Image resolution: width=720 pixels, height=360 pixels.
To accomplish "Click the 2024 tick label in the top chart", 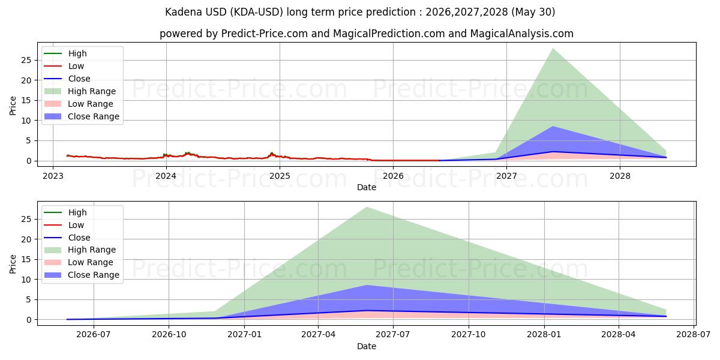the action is pyautogui.click(x=166, y=176).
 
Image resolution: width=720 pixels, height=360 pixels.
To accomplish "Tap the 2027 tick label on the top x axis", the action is pyautogui.click(x=506, y=176).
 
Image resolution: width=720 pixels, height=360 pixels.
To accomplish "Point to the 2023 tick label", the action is pyautogui.click(x=53, y=176).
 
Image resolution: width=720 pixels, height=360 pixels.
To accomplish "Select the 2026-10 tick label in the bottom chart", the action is pyautogui.click(x=169, y=335).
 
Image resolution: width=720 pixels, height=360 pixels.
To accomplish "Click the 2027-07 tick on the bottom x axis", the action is pyautogui.click(x=393, y=335).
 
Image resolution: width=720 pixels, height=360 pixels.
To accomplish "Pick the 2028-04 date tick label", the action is pyautogui.click(x=619, y=335).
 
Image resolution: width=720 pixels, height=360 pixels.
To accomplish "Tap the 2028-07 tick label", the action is pyautogui.click(x=694, y=335).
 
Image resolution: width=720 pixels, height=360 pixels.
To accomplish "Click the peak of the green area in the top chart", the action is pyautogui.click(x=553, y=49).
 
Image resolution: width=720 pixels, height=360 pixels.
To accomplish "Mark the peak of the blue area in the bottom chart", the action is pyautogui.click(x=367, y=285).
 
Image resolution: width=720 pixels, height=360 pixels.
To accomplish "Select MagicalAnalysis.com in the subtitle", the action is pyautogui.click(x=521, y=34).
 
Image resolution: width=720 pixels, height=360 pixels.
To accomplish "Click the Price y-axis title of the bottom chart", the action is pyautogui.click(x=13, y=264).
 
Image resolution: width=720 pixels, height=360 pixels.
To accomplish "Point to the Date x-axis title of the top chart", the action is pyautogui.click(x=367, y=187).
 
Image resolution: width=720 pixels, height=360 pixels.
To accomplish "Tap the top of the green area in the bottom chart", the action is pyautogui.click(x=367, y=208).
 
